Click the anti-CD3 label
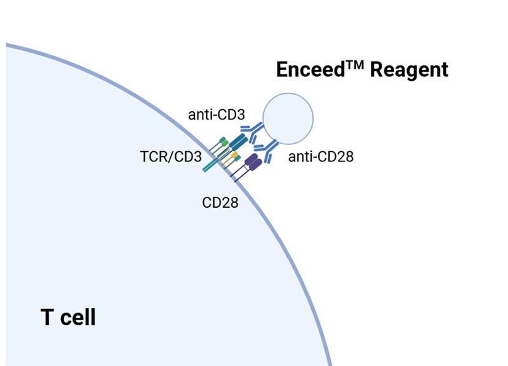tap(217, 115)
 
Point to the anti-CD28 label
tap(321, 156)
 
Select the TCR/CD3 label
tap(171, 156)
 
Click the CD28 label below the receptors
tap(220, 203)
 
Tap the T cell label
tap(68, 316)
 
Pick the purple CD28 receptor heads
tap(253, 162)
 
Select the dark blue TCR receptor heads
tap(239, 141)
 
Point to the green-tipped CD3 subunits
tap(224, 142)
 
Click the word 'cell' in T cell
tap(79, 316)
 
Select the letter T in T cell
tap(48, 316)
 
